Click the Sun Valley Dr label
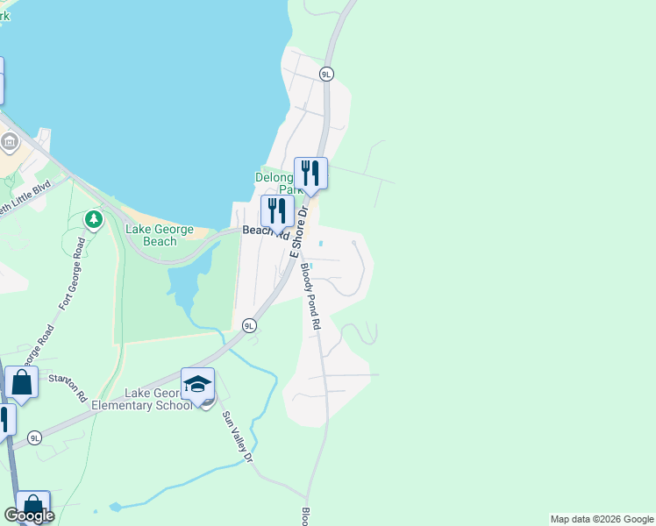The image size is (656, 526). coord(237,437)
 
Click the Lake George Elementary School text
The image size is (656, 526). coord(158,399)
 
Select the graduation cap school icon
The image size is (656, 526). coord(197,383)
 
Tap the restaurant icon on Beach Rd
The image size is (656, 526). coord(277,210)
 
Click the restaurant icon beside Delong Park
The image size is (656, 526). coord(310,172)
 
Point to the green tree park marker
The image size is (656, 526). coord(94,217)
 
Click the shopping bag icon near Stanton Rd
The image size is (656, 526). coord(21,383)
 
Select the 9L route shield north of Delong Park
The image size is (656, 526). coord(326,75)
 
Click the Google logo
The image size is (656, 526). coord(29,515)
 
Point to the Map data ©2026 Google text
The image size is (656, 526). coord(601,519)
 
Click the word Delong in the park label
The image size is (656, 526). coord(272,176)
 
